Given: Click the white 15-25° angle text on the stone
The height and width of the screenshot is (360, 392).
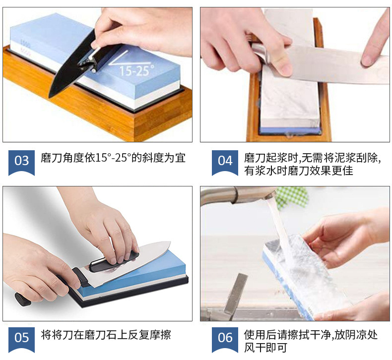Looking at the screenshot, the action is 136,70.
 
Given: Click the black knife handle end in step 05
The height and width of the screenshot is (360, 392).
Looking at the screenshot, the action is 23,300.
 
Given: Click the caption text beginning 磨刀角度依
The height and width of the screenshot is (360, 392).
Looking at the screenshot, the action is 113,158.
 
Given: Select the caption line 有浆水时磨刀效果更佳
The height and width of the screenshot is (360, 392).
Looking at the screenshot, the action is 299,171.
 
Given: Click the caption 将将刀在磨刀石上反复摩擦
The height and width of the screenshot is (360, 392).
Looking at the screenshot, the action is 106,335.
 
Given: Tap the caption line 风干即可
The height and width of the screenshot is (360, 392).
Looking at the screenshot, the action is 265,348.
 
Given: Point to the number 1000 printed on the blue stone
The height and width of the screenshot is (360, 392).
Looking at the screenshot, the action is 26,44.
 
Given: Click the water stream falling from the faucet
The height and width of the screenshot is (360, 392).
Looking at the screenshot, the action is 281,230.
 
